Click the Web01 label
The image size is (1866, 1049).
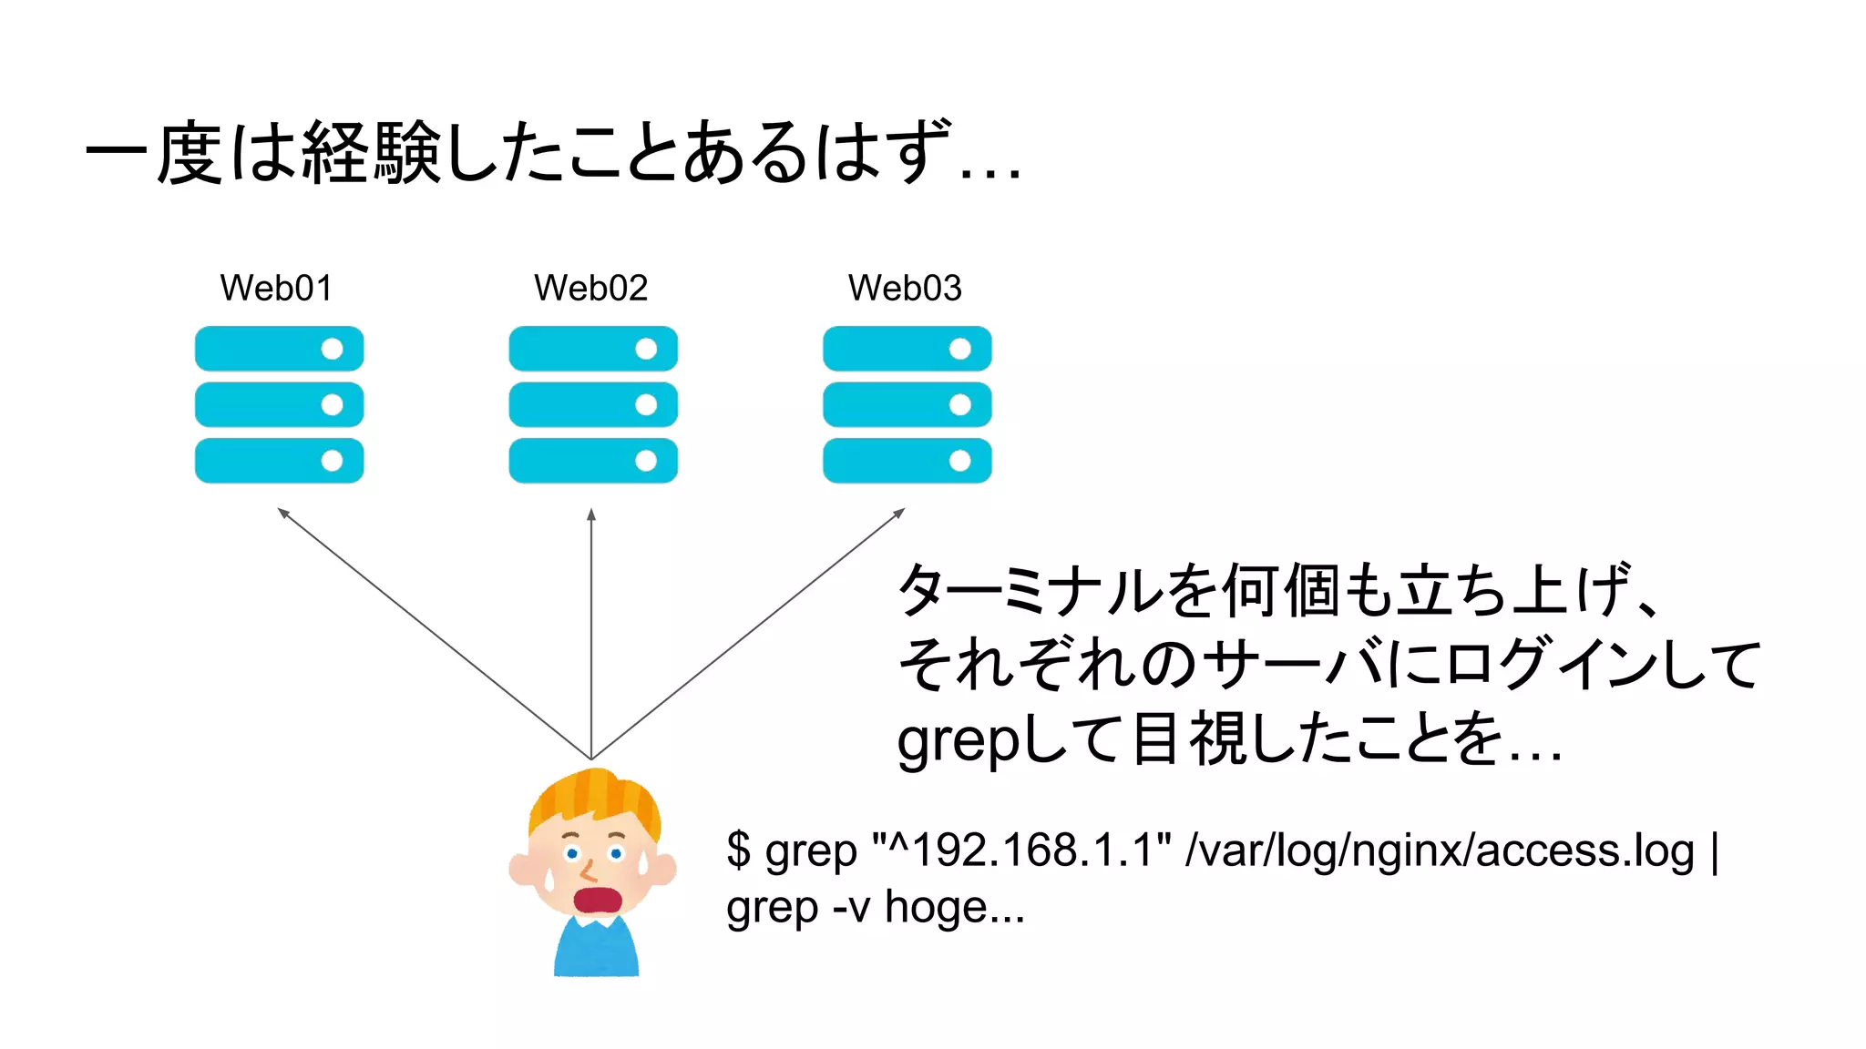[276, 289]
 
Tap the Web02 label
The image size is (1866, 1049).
[590, 289]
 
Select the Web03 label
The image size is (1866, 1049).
[905, 289]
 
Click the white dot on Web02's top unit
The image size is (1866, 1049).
[646, 349]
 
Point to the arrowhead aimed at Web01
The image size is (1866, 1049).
[282, 513]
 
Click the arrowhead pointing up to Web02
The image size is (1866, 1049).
[591, 514]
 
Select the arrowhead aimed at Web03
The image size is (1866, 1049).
[899, 513]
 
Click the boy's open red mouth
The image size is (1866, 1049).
[597, 900]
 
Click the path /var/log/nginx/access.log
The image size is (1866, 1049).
[1440, 852]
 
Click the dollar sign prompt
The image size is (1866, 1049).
[739, 850]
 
